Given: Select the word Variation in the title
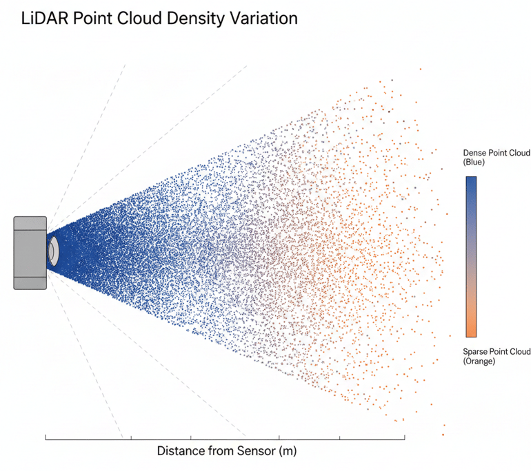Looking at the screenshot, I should (x=265, y=19).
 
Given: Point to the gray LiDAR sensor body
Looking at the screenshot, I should (x=30, y=253).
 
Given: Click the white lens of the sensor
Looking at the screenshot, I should (x=53, y=251).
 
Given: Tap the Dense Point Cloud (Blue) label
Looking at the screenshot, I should (x=494, y=157).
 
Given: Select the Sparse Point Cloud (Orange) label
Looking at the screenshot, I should (x=497, y=356).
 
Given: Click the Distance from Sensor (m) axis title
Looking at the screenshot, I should (x=227, y=452).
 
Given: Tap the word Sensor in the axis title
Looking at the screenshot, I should (x=259, y=452).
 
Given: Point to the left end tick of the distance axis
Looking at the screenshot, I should (x=46, y=437).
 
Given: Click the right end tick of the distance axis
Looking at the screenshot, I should (x=405, y=437).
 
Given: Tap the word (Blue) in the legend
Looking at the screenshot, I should (x=474, y=163).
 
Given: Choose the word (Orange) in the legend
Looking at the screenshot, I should (x=479, y=362).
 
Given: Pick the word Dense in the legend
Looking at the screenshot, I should (x=475, y=152).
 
